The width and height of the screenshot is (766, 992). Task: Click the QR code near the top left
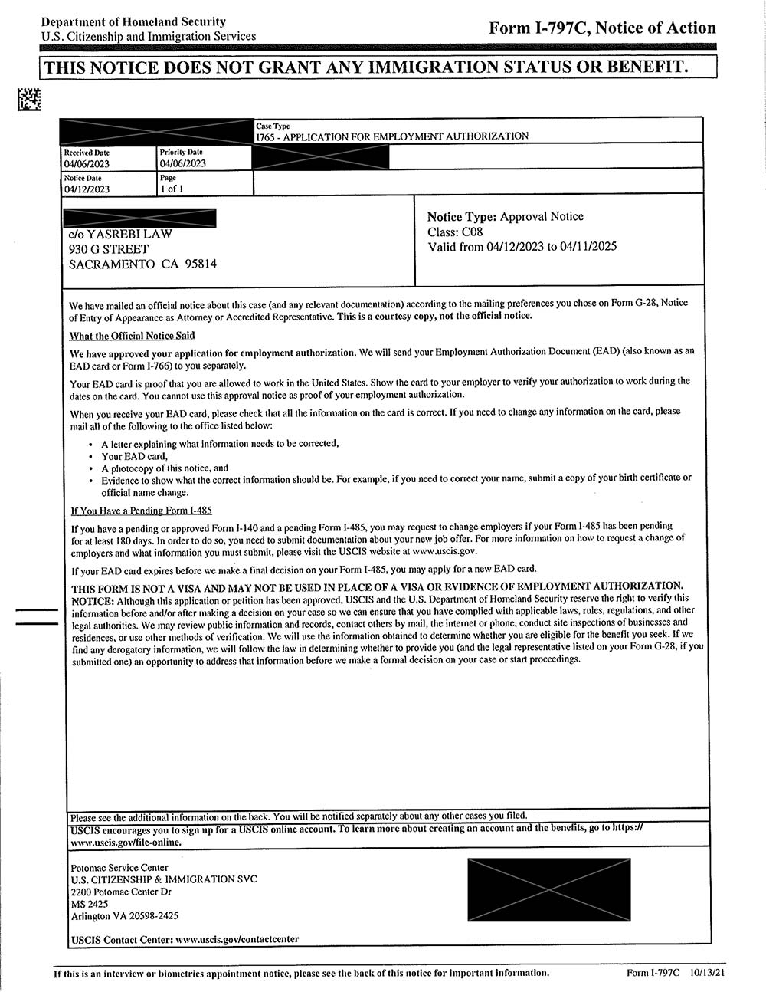point(30,99)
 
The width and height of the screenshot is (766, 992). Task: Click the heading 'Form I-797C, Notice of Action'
point(602,28)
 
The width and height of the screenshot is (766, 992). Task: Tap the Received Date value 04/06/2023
point(87,163)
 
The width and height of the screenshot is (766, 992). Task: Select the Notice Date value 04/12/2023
point(87,189)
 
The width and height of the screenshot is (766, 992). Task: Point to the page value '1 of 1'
point(172,189)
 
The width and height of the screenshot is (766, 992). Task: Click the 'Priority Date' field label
point(181,153)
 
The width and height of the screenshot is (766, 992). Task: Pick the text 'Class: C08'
point(455,232)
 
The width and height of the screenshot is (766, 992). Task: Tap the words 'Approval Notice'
point(542,216)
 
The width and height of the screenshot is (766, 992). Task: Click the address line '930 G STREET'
point(109,249)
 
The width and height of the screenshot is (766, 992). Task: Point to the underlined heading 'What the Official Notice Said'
point(132,336)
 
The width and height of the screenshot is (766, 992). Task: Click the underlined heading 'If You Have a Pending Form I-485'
point(141,511)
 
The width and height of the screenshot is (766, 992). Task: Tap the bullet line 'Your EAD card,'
point(134,456)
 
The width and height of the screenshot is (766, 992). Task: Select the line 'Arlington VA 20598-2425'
point(124,916)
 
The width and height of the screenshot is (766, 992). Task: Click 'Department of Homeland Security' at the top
point(133,21)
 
